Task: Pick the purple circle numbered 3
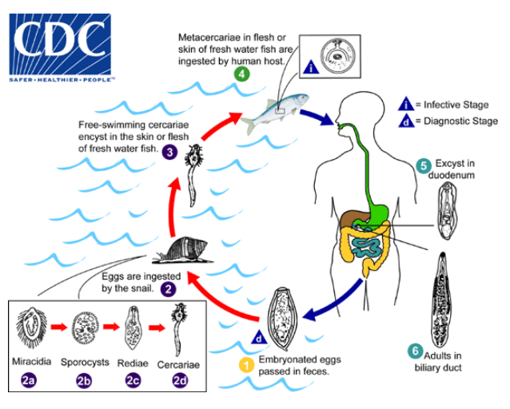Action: point(169,152)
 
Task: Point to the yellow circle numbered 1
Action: point(247,365)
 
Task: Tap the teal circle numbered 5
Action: point(424,166)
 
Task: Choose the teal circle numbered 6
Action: point(414,351)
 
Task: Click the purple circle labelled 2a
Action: point(28,381)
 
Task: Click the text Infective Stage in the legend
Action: point(456,105)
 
